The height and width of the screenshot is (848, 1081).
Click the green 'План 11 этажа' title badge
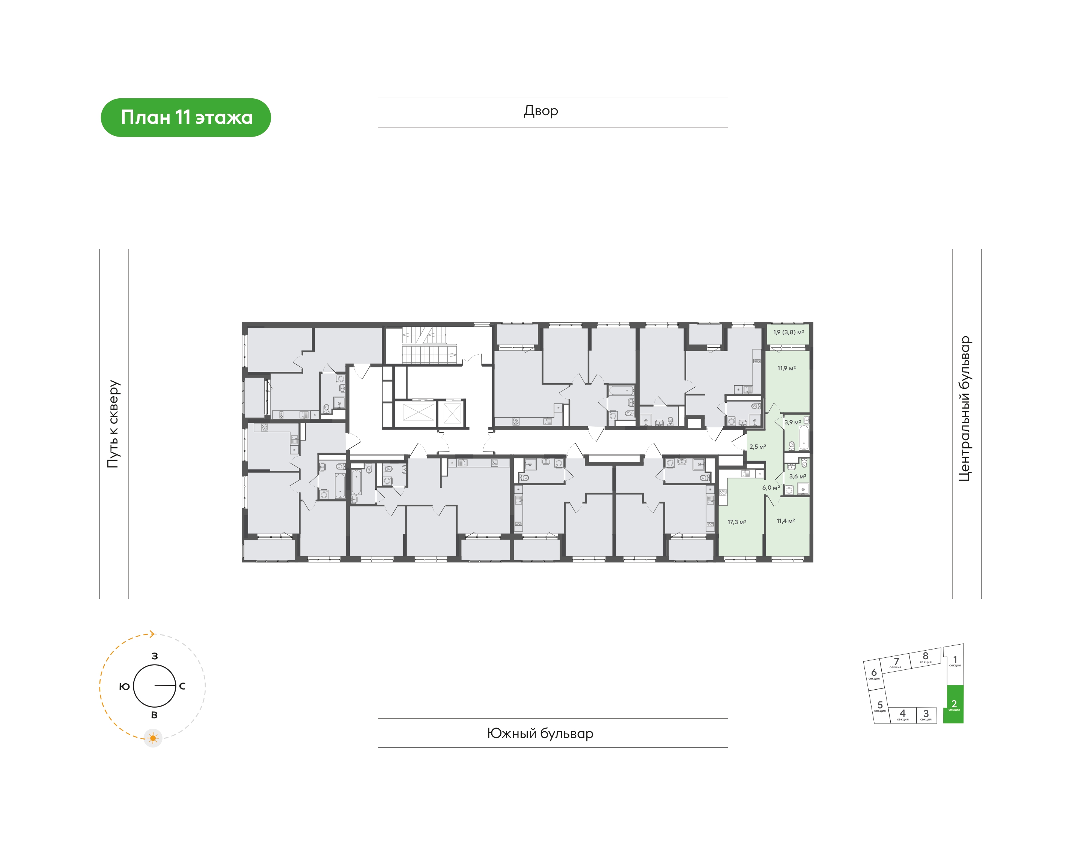[x=186, y=118]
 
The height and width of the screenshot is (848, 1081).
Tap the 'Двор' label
[x=541, y=111]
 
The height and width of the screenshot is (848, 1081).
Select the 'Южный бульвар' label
[x=540, y=733]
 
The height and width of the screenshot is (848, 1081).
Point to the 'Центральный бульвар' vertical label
[x=964, y=409]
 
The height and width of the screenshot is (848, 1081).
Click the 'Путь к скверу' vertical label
[x=113, y=424]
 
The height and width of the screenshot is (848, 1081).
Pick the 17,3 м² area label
[x=737, y=522]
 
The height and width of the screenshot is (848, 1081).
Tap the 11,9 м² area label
[x=787, y=368]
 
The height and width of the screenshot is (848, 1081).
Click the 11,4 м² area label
[x=786, y=521]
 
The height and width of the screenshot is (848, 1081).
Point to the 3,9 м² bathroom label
[x=792, y=422]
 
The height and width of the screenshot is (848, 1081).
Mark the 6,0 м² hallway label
[x=771, y=487]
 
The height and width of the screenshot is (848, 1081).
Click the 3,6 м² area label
[x=798, y=476]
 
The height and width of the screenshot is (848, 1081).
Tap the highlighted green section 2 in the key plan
[x=953, y=704]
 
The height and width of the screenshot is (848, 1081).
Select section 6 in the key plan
[x=874, y=674]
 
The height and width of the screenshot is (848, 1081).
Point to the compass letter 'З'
[x=155, y=656]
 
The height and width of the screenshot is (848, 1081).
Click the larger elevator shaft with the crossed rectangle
[x=418, y=413]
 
